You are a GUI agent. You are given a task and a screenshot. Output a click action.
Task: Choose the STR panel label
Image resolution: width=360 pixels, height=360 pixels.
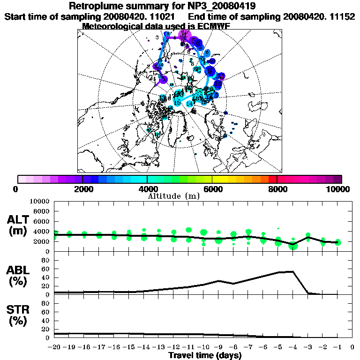tap(19, 315)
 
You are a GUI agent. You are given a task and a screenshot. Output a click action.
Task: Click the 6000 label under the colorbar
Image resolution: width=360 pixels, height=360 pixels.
tap(212, 189)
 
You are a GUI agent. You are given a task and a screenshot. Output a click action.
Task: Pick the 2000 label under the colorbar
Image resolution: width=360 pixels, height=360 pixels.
tap(82, 189)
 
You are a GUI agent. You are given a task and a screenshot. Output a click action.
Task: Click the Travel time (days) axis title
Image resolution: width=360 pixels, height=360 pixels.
tap(205, 356)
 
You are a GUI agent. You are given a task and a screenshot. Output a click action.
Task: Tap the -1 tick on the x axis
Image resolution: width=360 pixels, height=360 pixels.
tap(337, 348)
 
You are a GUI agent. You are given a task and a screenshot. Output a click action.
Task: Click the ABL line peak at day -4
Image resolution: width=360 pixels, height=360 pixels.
tap(293, 271)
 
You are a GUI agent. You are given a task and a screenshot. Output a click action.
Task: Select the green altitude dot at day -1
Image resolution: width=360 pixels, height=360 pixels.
tap(338, 242)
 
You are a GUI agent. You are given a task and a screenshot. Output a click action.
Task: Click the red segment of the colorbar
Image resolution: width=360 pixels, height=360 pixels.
tap(272, 179)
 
